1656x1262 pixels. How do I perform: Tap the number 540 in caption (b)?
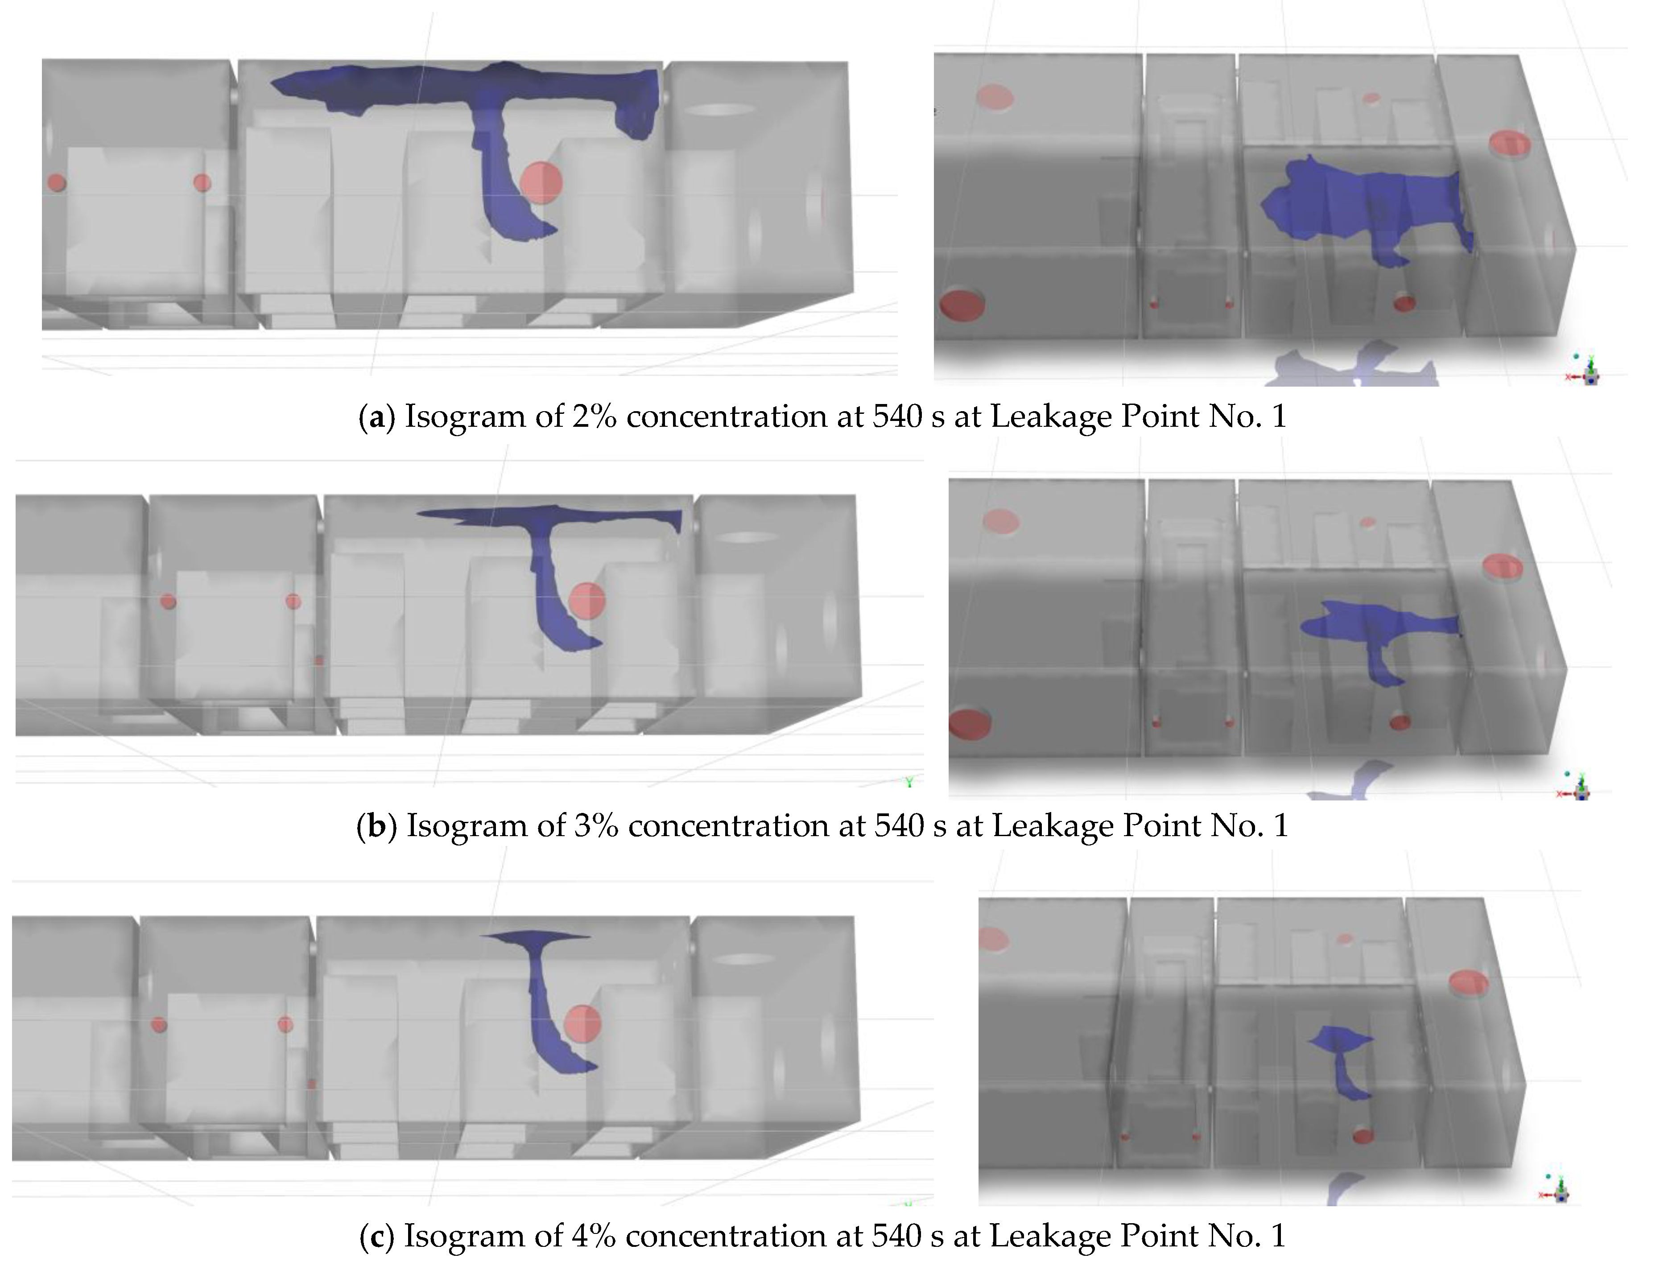[900, 825]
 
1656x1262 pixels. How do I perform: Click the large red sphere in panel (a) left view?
[541, 182]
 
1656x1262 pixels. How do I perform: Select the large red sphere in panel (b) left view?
[587, 601]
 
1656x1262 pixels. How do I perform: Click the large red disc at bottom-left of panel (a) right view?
[962, 305]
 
